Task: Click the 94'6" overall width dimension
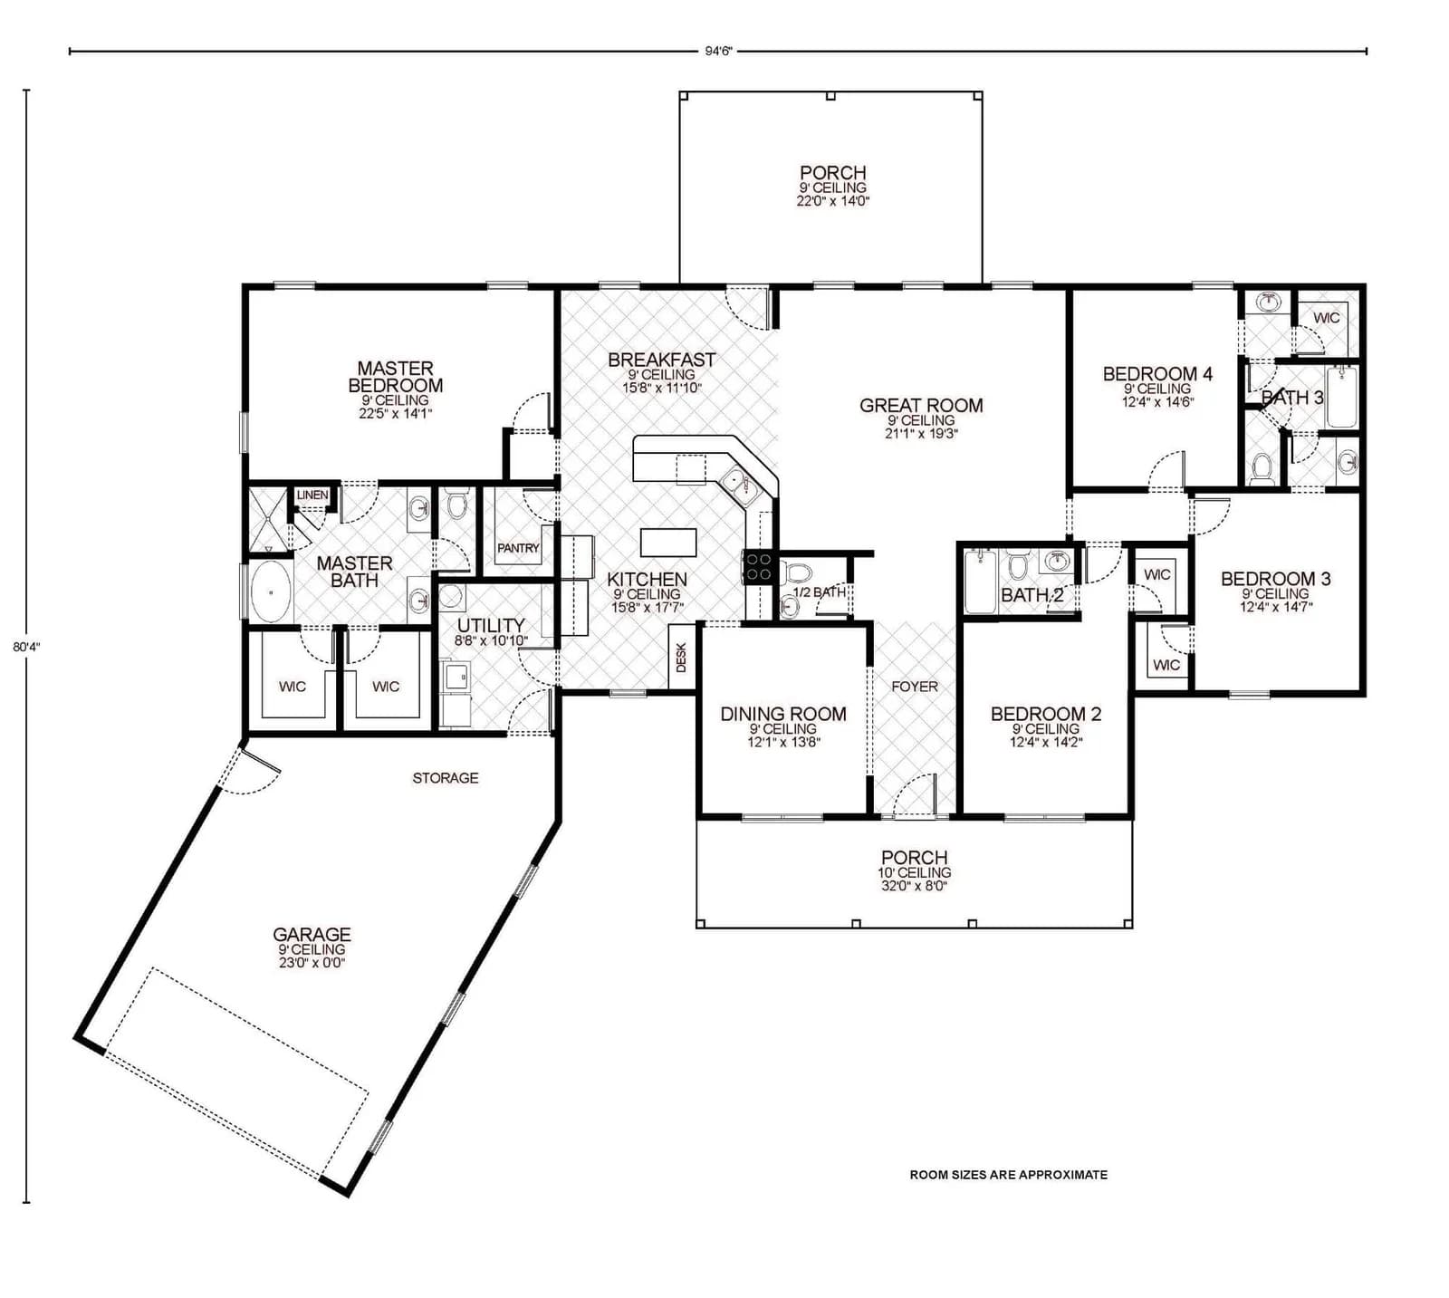(x=717, y=52)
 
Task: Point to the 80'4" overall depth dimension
(x=26, y=647)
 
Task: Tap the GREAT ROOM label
(x=921, y=406)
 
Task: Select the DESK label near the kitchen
(x=681, y=658)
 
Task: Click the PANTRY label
(x=518, y=548)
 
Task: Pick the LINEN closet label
(x=312, y=495)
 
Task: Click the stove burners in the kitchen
(x=758, y=567)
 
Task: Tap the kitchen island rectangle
(x=668, y=543)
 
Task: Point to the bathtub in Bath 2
(x=980, y=582)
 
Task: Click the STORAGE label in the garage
(x=446, y=778)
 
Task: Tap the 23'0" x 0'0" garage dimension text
(x=312, y=963)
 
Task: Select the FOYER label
(x=915, y=687)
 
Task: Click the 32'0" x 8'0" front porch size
(x=914, y=886)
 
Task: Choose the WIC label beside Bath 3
(x=1326, y=318)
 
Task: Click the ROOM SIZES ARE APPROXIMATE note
(x=1008, y=1175)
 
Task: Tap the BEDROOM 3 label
(x=1275, y=579)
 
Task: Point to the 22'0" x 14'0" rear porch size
(x=832, y=201)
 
